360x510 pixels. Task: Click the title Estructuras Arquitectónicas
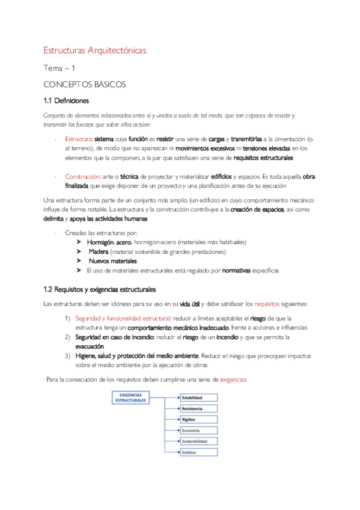96,51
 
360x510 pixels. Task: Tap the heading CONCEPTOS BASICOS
85,85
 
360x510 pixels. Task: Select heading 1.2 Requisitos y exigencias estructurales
100,289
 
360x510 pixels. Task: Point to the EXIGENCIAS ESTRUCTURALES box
130,397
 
